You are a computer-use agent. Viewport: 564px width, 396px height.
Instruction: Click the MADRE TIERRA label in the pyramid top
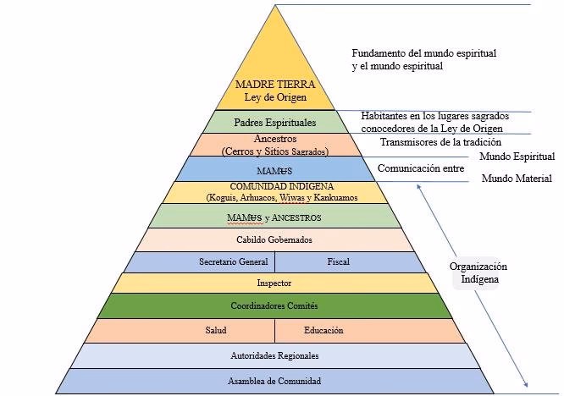coord(274,85)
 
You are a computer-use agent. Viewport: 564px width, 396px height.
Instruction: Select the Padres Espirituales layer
coord(274,122)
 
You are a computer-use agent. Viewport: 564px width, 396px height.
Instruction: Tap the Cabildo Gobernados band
coord(274,239)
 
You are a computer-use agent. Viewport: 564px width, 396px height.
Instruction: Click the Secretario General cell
coord(233,262)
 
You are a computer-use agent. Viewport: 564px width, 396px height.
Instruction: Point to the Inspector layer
coord(274,283)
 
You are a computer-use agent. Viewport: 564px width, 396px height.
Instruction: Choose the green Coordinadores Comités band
coord(274,305)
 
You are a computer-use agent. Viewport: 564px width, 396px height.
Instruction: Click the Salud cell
coord(215,330)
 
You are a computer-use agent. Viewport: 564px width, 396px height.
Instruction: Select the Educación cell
coord(324,330)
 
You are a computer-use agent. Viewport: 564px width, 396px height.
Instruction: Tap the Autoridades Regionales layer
coord(274,355)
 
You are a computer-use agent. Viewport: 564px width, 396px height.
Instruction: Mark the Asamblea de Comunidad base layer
coord(274,381)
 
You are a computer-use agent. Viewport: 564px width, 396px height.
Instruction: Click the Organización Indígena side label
coord(478,272)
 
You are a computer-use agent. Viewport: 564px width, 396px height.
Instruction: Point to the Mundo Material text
coord(517,179)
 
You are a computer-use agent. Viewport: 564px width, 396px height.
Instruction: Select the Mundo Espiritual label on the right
coord(517,157)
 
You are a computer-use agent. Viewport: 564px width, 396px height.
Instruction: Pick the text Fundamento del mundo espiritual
coord(423,53)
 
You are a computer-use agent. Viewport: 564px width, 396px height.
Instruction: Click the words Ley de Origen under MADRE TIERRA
coord(274,97)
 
